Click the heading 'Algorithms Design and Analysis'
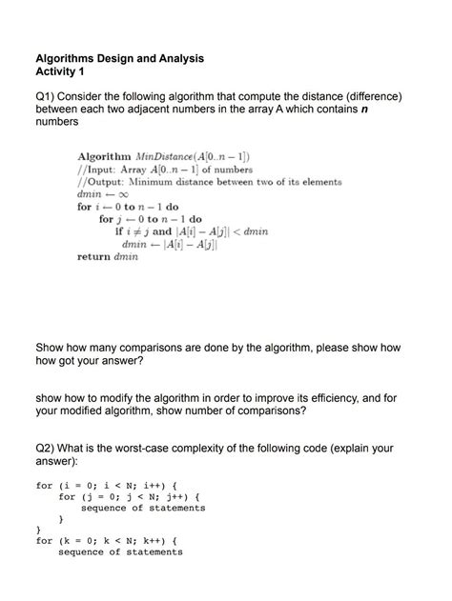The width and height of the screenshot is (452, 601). pyautogui.click(x=119, y=58)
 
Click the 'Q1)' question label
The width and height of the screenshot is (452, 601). pyautogui.click(x=46, y=97)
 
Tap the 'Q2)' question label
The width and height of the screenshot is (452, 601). pyautogui.click(x=46, y=447)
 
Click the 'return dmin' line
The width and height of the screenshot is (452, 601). pyautogui.click(x=107, y=256)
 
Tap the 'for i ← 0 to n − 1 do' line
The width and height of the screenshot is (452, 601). pyautogui.click(x=128, y=206)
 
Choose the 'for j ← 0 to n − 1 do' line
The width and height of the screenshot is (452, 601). pyautogui.click(x=149, y=218)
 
